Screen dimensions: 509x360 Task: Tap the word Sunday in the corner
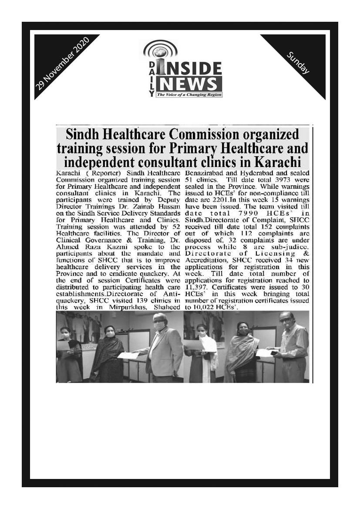298,62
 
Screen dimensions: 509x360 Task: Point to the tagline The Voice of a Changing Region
189,94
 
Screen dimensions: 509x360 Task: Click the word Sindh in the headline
82,134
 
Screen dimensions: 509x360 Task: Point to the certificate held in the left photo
128,355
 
